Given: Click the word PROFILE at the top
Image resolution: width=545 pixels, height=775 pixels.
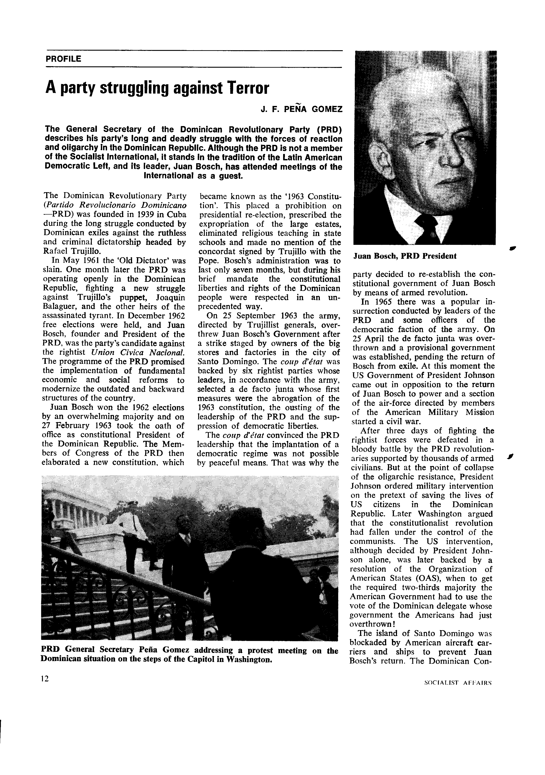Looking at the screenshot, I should (63, 59).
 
